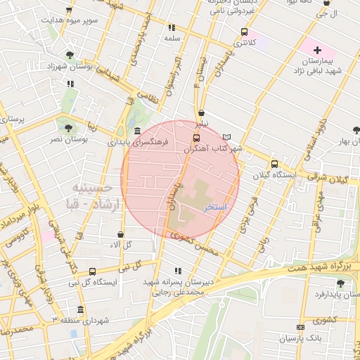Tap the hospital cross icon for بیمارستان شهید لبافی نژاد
point(317,50)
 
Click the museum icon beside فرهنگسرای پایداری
point(136,131)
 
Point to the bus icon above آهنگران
point(196,138)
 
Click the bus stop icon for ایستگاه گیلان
point(274,163)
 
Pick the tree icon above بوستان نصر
point(67,128)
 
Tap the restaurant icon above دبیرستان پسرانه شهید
point(176,270)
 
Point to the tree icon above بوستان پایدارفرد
point(340,283)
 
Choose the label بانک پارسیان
point(302,338)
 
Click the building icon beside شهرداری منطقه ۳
point(81,309)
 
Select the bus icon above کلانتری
point(244,32)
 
